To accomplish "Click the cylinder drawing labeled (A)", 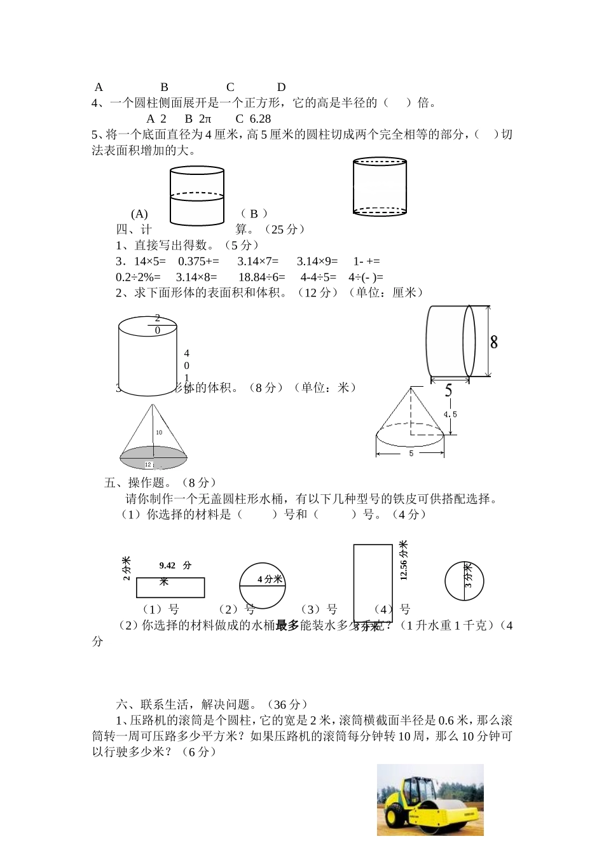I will pos(197,196).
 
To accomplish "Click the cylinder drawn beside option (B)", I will pos(380,186).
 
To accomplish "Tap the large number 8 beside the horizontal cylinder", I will pos(494,342).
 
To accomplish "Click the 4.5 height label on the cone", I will pos(450,414).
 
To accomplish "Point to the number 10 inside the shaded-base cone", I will pos(158,433).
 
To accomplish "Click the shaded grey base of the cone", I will pos(153,457).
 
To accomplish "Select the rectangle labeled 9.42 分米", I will pos(170,588).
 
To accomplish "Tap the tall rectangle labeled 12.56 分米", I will pos(373,583).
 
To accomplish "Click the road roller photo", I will pos(430,800).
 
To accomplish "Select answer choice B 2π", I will pos(198,118).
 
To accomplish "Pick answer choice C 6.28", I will pos(253,118).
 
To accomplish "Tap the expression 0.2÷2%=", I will pos(138,277).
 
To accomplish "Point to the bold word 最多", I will pos(287,626).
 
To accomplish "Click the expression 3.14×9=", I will pos(317,261).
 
